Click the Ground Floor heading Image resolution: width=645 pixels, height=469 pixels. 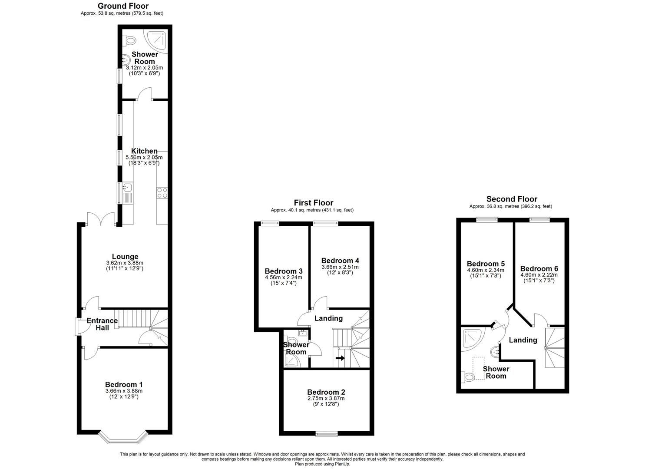[123, 6]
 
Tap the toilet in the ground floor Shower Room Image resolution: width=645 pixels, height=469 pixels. [129, 40]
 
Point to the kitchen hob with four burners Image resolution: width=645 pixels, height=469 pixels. [162, 193]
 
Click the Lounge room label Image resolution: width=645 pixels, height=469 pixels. [125, 257]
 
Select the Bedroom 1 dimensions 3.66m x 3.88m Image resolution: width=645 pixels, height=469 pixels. [124, 391]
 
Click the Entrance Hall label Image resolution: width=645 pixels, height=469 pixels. [102, 324]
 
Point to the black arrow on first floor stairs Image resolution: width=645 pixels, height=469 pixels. [340, 358]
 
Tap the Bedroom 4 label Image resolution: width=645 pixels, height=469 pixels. [340, 261]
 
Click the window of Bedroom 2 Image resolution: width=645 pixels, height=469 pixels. [327, 433]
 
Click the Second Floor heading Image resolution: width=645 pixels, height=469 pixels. [512, 199]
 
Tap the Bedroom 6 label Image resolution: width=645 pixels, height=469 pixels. [539, 268]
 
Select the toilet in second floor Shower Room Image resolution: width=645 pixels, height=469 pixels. [467, 377]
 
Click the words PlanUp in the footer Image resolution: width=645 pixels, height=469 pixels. [342, 464]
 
